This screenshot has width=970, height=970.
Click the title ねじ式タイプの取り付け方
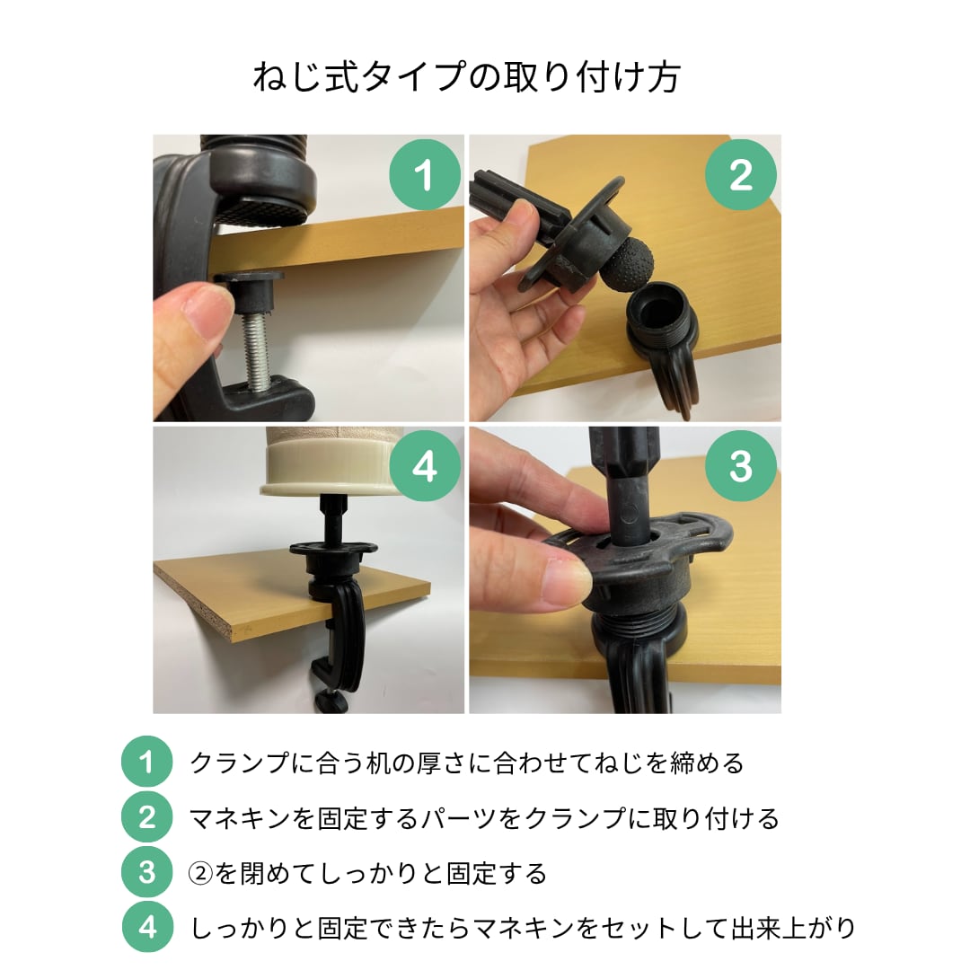click(x=467, y=77)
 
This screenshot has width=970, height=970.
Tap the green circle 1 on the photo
click(x=425, y=174)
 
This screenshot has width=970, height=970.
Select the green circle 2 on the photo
click(x=741, y=174)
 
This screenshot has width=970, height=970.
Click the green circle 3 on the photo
click(x=741, y=466)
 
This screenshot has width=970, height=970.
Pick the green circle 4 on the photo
click(x=425, y=466)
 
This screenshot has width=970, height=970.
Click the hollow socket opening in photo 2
click(x=658, y=307)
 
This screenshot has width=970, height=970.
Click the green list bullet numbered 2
click(x=146, y=817)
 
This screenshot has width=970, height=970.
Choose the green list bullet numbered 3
click(x=146, y=872)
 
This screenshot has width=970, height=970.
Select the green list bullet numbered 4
click(x=146, y=927)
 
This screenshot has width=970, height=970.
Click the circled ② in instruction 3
click(x=200, y=874)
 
